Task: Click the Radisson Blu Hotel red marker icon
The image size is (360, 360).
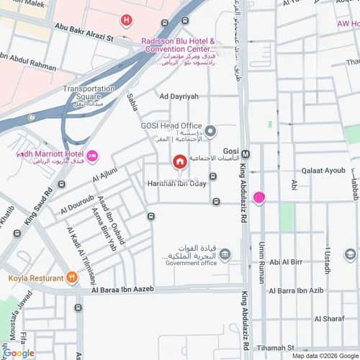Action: pos(127,21)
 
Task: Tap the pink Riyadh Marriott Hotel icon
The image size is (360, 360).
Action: pos(93,155)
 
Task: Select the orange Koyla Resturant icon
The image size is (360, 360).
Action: pos(71,278)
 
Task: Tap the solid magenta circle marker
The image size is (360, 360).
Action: pos(258,198)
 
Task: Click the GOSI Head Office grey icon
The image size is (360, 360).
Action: pos(210,130)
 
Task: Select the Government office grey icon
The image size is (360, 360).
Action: pos(225,253)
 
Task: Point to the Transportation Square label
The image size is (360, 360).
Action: pos(89,92)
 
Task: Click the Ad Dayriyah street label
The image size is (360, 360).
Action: pos(179,96)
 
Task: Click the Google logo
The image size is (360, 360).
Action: pos(18,353)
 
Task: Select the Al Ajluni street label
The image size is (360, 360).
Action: pos(104,175)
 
